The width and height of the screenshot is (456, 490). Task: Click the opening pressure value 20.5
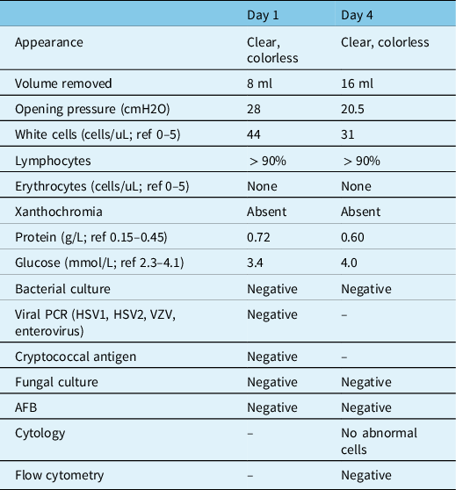coord(354,112)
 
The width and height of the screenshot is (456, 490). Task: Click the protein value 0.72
coord(260,236)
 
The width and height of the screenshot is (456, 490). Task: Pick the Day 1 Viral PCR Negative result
coord(272,313)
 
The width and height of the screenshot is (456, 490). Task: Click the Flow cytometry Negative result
coord(366,476)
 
